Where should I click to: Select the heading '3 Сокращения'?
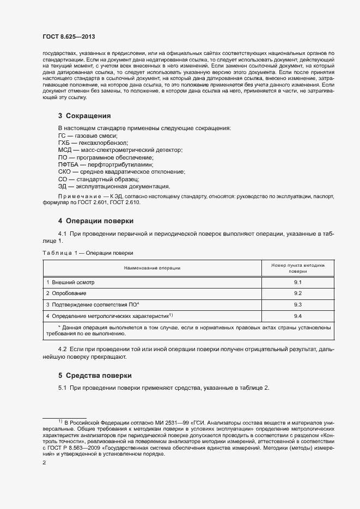pos(84,116)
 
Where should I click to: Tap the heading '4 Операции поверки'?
pos(96,221)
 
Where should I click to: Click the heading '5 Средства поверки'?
pos(95,376)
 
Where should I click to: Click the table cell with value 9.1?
pos(298,283)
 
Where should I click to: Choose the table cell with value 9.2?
pos(298,293)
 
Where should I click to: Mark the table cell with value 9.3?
pos(298,304)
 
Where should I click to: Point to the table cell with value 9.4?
pos(298,316)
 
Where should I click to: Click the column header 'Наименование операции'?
pos(152,268)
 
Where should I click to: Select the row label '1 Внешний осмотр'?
pos(70,283)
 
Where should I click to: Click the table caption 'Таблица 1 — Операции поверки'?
pos(88,253)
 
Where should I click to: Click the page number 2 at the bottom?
pos(44,462)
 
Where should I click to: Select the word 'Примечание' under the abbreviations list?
pos(78,195)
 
